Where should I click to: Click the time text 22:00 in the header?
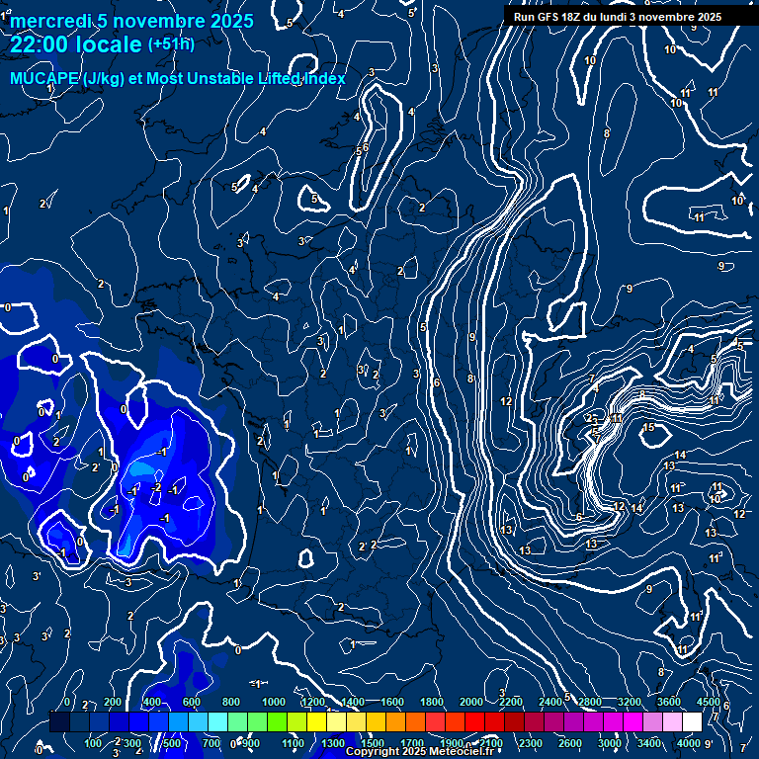pos(42,45)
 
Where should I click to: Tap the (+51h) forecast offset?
pos(171,44)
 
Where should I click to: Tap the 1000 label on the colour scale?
pos(273,702)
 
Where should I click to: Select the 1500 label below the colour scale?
pos(373,743)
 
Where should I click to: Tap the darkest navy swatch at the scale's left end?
pos(59,722)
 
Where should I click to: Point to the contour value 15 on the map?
pos(648,427)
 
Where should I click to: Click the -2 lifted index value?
pos(156,487)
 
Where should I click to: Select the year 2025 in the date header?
pos(229,21)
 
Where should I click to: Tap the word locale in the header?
pos(111,45)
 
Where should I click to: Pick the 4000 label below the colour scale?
pos(688,743)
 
